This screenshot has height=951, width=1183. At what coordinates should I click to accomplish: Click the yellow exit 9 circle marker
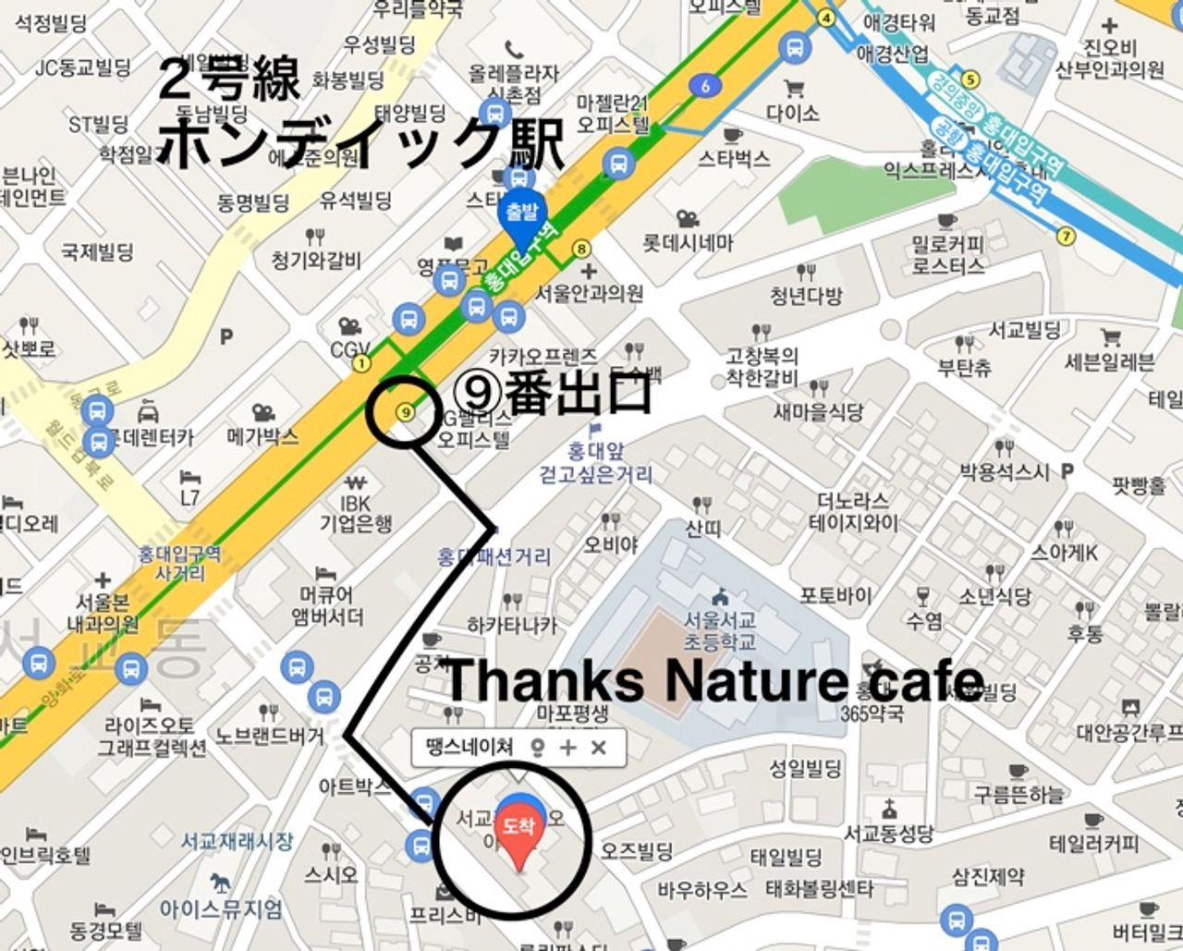(x=404, y=412)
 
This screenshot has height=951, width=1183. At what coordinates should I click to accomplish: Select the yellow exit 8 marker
(x=581, y=248)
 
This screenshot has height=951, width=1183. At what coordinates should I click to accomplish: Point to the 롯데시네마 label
(x=688, y=243)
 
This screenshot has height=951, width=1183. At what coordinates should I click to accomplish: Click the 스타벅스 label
(x=734, y=159)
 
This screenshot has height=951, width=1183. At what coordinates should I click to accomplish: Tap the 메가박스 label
(x=262, y=435)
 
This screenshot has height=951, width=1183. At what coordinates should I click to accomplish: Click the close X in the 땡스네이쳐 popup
(x=599, y=748)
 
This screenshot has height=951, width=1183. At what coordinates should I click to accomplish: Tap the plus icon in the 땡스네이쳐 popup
(x=567, y=748)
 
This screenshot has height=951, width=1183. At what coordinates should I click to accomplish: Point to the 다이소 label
(x=792, y=113)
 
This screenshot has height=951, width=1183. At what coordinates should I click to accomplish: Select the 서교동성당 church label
(x=888, y=834)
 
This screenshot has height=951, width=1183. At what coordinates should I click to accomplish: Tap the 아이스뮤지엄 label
(x=221, y=908)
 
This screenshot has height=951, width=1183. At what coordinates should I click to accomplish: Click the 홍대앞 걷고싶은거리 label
(x=597, y=465)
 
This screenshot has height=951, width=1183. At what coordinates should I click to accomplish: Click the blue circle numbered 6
(x=705, y=86)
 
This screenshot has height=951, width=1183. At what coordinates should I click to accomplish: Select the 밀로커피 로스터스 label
(x=947, y=255)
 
